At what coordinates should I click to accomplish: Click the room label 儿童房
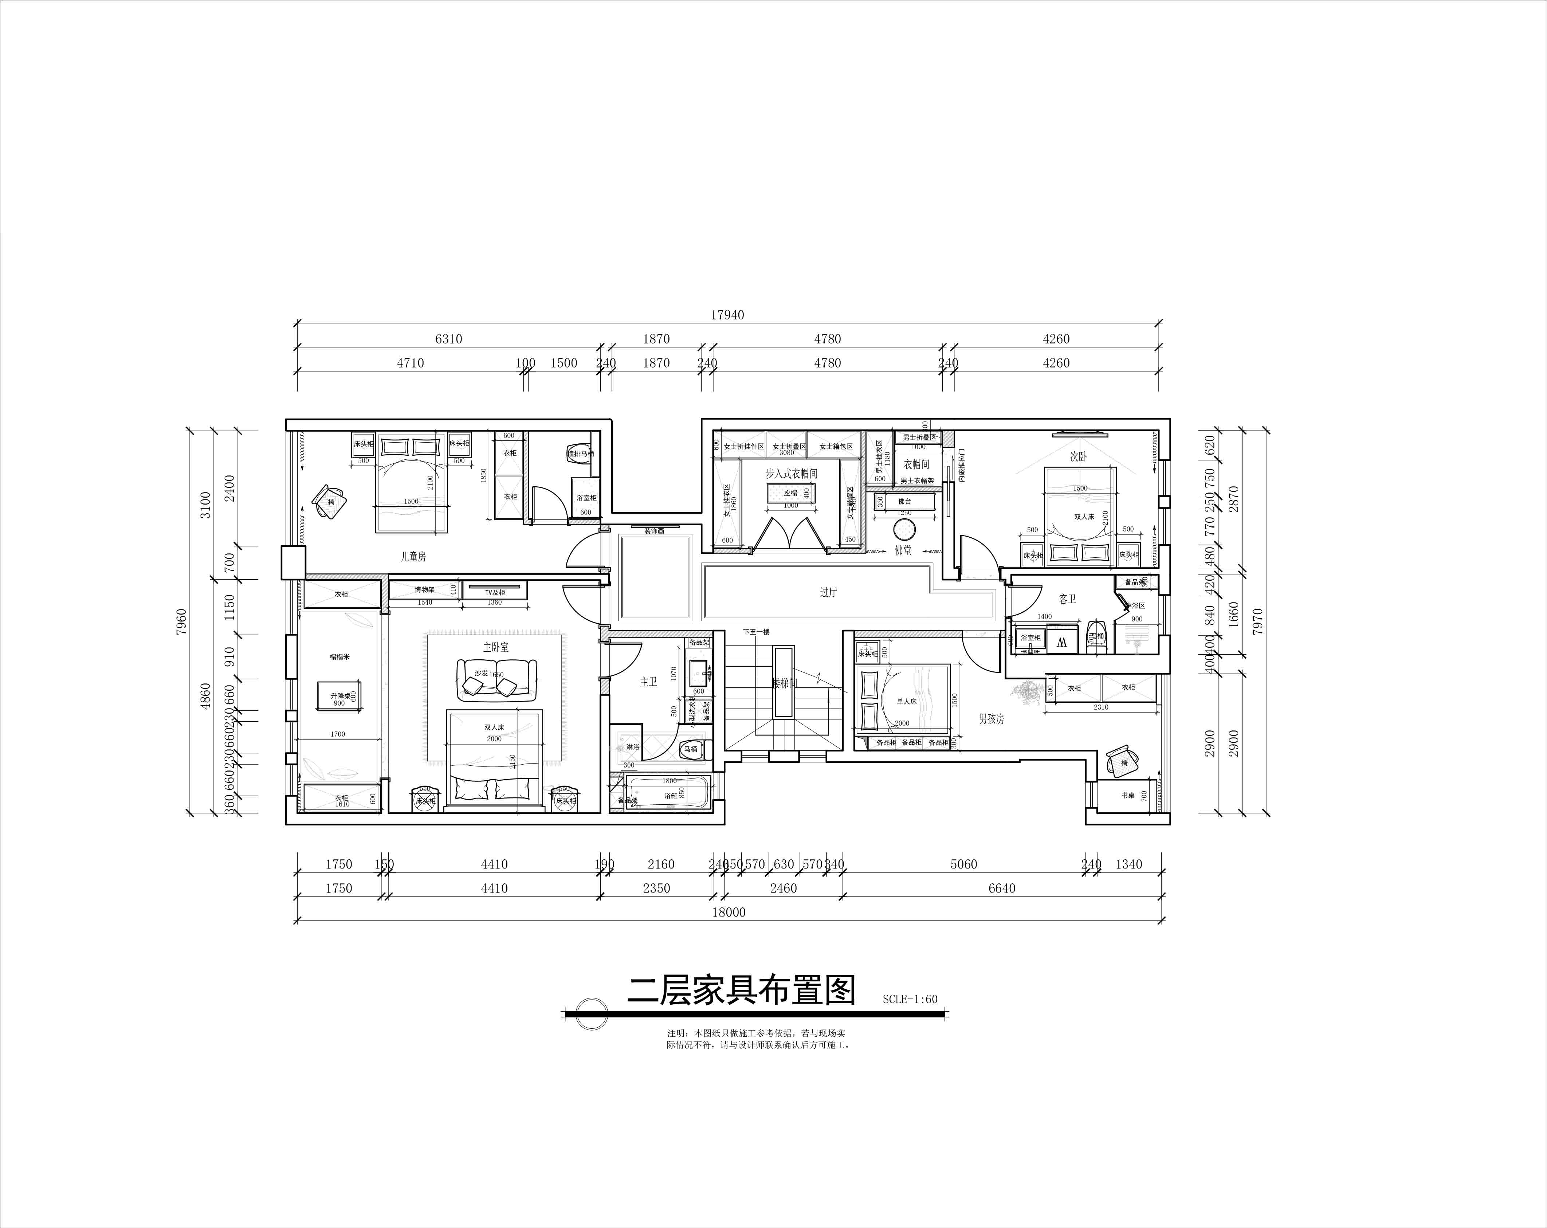(413, 556)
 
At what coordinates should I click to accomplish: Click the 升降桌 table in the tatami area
(339, 697)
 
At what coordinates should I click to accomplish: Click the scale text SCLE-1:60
(910, 999)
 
